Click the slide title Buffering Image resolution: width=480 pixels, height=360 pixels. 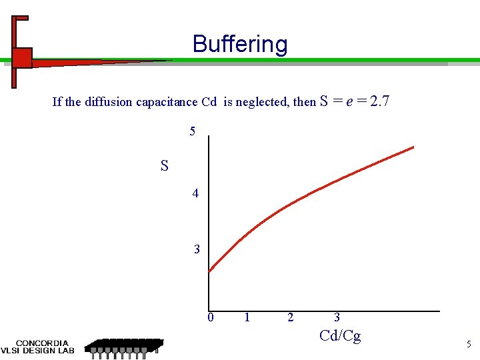pos(240,44)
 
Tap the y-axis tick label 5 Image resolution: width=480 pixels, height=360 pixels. pos(193,131)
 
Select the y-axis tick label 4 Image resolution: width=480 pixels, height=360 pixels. pos(195,193)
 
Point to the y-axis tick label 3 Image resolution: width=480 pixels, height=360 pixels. pos(197,249)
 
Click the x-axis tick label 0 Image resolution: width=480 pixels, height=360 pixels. pos(210,317)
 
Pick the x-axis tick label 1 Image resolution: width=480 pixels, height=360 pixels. pos(247,317)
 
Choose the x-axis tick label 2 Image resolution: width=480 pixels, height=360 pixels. pos(290,317)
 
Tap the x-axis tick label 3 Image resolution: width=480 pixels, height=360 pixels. pos(337,317)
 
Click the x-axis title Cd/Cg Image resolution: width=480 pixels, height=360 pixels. pos(340,335)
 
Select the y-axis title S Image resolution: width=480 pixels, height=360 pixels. pos(165,165)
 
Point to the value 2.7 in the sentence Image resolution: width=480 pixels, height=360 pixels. pos(379,101)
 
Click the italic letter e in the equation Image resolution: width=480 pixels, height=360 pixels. pos(349,102)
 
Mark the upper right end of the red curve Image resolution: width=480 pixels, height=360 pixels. pos(413,147)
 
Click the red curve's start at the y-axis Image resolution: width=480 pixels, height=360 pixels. pos(210,271)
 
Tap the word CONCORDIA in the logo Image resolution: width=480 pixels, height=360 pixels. pos(42,343)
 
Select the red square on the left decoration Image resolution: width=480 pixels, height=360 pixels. pos(22,58)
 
